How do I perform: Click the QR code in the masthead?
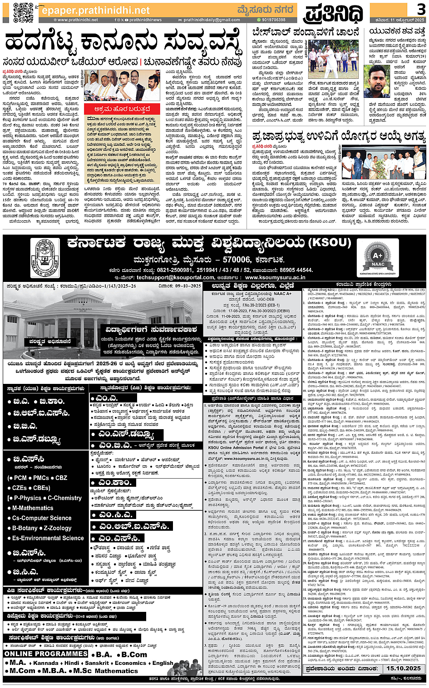(23, 12)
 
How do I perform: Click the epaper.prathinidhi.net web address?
(95, 10)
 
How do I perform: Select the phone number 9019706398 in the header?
(273, 20)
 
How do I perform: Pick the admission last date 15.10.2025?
(403, 668)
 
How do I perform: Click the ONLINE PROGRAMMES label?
(45, 654)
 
